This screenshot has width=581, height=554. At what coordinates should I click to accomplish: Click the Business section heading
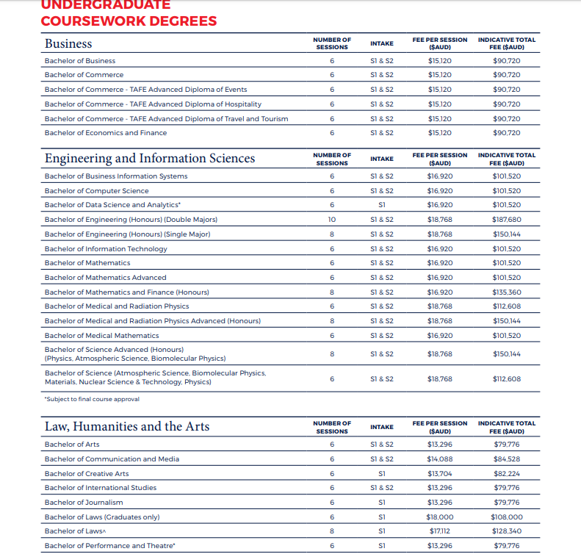click(68, 43)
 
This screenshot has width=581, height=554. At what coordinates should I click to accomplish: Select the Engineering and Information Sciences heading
click(150, 159)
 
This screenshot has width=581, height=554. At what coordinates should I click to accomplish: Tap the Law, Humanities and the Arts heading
click(127, 427)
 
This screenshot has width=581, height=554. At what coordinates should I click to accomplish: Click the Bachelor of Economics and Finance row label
click(106, 133)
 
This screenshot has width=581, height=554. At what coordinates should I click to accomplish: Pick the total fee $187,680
click(506, 220)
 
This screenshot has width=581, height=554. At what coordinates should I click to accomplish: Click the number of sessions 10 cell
click(332, 220)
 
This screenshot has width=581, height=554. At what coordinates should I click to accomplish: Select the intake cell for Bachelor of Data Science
click(382, 205)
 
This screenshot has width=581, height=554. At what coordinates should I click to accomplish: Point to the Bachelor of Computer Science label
click(96, 191)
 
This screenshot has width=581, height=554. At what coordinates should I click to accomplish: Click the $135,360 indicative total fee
click(506, 292)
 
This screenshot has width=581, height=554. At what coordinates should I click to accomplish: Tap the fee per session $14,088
click(440, 459)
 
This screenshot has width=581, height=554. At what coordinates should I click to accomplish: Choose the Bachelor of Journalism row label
click(84, 503)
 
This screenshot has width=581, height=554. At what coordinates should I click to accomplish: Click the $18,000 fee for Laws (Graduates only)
click(440, 517)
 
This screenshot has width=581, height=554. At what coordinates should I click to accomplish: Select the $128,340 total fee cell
click(506, 531)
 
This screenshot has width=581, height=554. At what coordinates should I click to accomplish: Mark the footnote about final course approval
click(92, 400)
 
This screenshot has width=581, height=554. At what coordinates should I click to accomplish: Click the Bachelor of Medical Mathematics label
click(101, 335)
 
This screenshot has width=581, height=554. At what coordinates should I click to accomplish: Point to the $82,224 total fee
click(506, 474)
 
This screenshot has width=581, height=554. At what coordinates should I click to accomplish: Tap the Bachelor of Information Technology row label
click(106, 248)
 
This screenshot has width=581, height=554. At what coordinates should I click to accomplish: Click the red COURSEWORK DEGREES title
click(129, 21)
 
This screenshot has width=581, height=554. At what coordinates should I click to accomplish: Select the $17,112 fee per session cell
click(440, 531)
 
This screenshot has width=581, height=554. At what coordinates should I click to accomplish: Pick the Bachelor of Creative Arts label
click(87, 474)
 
